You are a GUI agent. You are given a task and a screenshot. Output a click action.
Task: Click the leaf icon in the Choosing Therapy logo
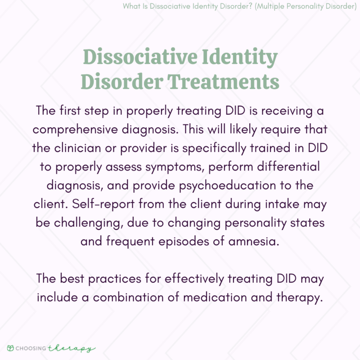point(11,348)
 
